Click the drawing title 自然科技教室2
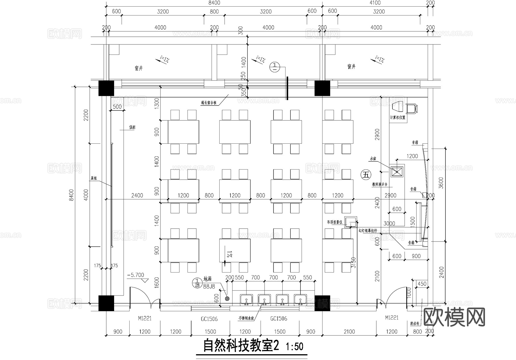(241, 346)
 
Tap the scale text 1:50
(294, 347)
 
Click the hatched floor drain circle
(227, 299)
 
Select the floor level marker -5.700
(136, 275)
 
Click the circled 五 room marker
(366, 174)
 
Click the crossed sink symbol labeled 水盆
(397, 172)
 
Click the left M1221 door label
(144, 318)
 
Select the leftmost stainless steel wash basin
(247, 300)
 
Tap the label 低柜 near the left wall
(132, 127)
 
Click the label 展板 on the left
(94, 178)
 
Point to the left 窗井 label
(139, 68)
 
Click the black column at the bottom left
(106, 303)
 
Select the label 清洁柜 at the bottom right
(415, 324)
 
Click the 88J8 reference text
(209, 286)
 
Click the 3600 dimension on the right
(441, 183)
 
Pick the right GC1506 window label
(279, 318)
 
